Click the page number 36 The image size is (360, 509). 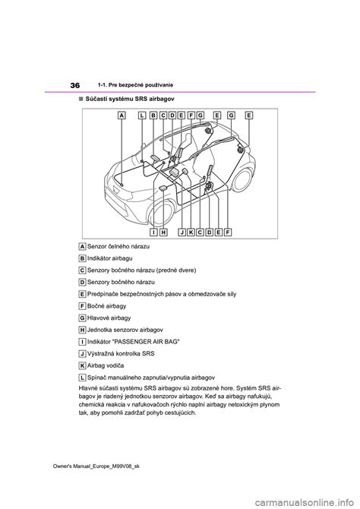click(74, 85)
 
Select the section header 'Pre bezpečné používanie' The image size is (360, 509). click(141, 85)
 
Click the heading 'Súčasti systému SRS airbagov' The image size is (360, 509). click(130, 98)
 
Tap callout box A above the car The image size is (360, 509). click(122, 115)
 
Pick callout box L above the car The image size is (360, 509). click(142, 115)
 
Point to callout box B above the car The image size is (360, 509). click(153, 115)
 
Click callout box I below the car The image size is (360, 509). click(154, 232)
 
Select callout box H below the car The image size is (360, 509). click(163, 232)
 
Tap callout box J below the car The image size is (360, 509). click(182, 232)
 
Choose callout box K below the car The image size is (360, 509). click(191, 232)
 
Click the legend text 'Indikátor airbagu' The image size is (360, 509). click(109, 258)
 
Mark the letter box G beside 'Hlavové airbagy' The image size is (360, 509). click(83, 318)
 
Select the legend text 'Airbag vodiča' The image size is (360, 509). click(106, 365)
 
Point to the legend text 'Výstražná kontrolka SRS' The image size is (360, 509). click(121, 353)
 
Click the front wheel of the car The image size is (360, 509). click(161, 214)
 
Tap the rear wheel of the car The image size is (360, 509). click(242, 179)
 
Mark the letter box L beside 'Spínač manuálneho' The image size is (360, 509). click(83, 378)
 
